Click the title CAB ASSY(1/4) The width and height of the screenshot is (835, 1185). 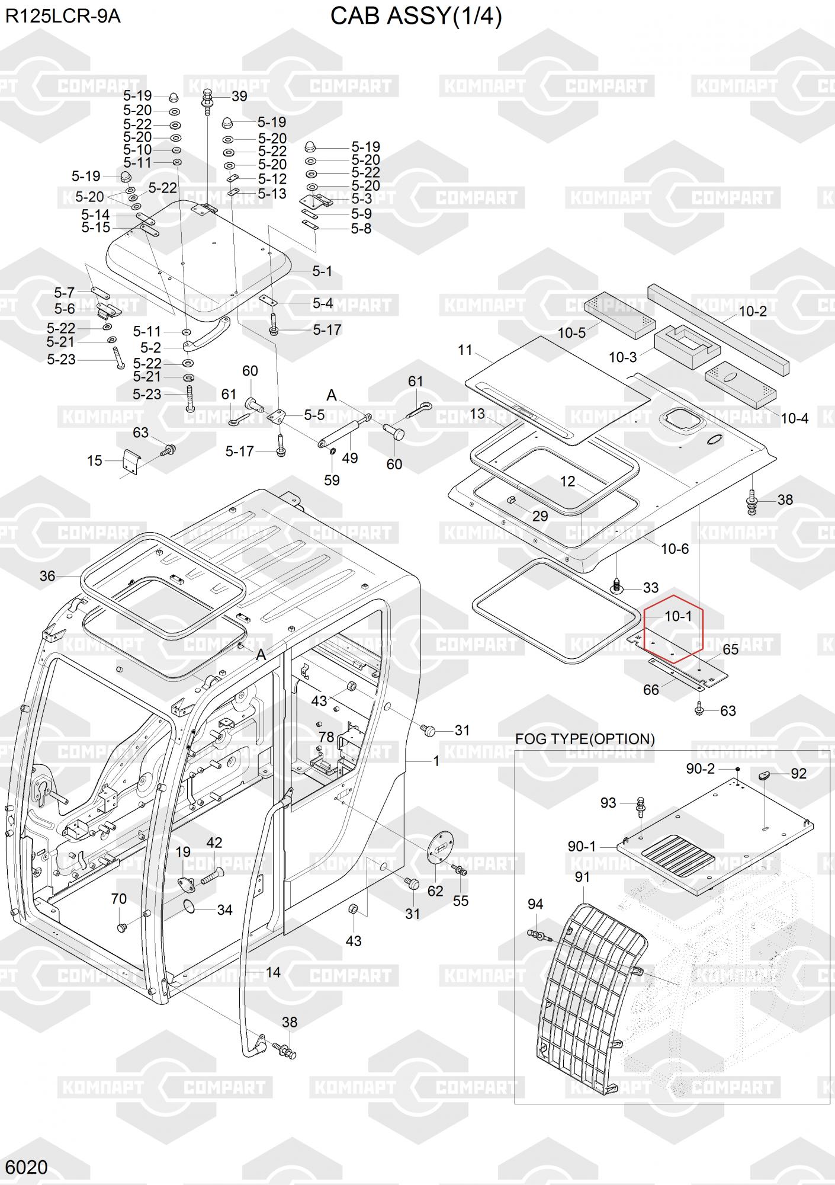(416, 17)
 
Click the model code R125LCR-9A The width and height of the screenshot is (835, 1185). (63, 17)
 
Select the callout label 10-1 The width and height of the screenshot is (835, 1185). (678, 616)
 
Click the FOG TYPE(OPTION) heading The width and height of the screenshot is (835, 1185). (584, 739)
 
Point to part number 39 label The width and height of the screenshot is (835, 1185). (239, 96)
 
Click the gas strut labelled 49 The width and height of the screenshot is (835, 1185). (343, 431)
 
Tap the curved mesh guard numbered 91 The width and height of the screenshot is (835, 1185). (592, 972)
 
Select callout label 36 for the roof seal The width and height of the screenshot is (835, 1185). (47, 575)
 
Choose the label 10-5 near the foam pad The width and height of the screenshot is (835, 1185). (571, 332)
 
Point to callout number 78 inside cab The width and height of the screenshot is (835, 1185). (326, 736)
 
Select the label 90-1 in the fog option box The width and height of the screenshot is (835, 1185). (582, 847)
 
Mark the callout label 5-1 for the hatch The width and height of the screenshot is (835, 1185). (322, 271)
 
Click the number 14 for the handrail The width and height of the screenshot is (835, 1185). (272, 972)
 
